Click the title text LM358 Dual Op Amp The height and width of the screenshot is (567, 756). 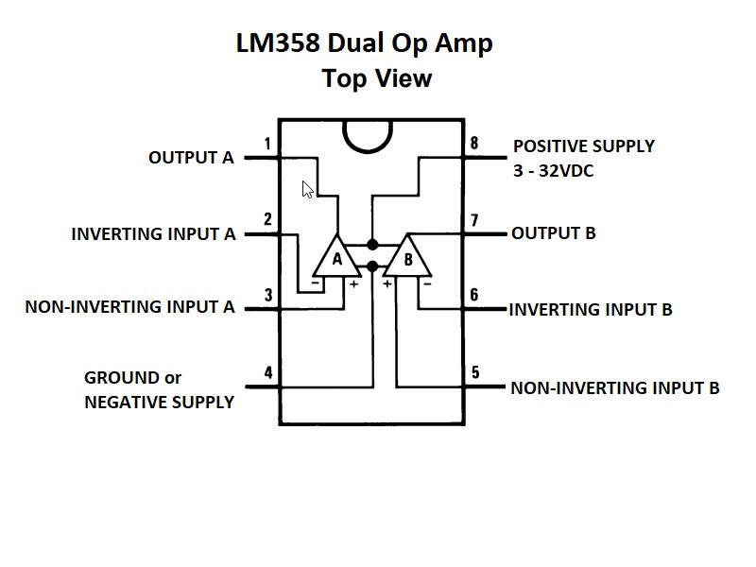click(364, 43)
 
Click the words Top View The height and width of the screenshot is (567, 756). click(376, 77)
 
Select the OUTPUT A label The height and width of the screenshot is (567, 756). click(191, 158)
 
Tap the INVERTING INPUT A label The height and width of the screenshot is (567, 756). click(153, 233)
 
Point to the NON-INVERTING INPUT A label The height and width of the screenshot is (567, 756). click(130, 307)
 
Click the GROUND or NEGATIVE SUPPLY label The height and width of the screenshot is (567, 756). click(159, 389)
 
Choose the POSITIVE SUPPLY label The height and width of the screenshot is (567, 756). click(583, 146)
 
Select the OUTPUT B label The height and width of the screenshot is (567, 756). click(553, 232)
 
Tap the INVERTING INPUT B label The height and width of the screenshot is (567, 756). click(591, 309)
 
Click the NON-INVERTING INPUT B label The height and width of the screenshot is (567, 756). click(615, 387)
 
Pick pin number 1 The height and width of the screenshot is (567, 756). click(268, 145)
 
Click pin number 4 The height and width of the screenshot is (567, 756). click(268, 373)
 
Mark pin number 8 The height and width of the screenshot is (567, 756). click(474, 145)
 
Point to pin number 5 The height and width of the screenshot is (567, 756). click(474, 373)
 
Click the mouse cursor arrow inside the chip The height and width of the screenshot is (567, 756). click(307, 189)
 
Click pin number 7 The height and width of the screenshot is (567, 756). click(474, 220)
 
